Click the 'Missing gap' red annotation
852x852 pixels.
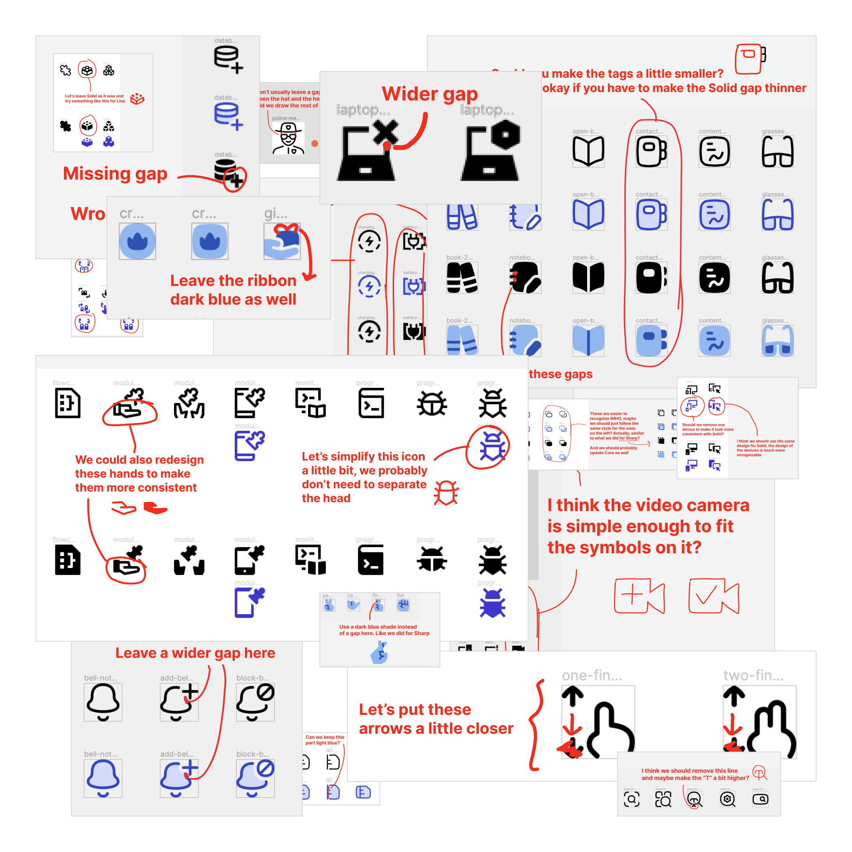pos(115,174)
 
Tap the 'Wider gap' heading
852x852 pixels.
pos(430,94)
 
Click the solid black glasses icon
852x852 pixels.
pos(777,278)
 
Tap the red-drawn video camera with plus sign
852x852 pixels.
pos(639,596)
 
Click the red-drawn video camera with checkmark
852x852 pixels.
pos(714,596)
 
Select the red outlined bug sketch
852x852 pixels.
pos(446,493)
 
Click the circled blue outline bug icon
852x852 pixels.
pos(492,446)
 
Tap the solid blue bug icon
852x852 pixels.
pos(492,603)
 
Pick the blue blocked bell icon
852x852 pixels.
pos(255,778)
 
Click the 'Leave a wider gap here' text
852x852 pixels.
pos(195,653)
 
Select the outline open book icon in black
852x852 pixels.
pos(588,151)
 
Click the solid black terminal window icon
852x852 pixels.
pos(371,560)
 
